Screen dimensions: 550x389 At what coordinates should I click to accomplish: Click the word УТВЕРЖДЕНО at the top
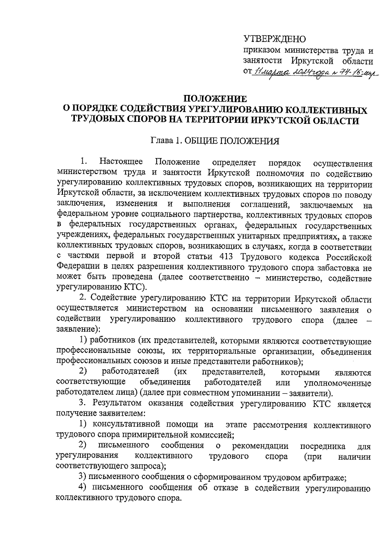(x=275, y=39)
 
